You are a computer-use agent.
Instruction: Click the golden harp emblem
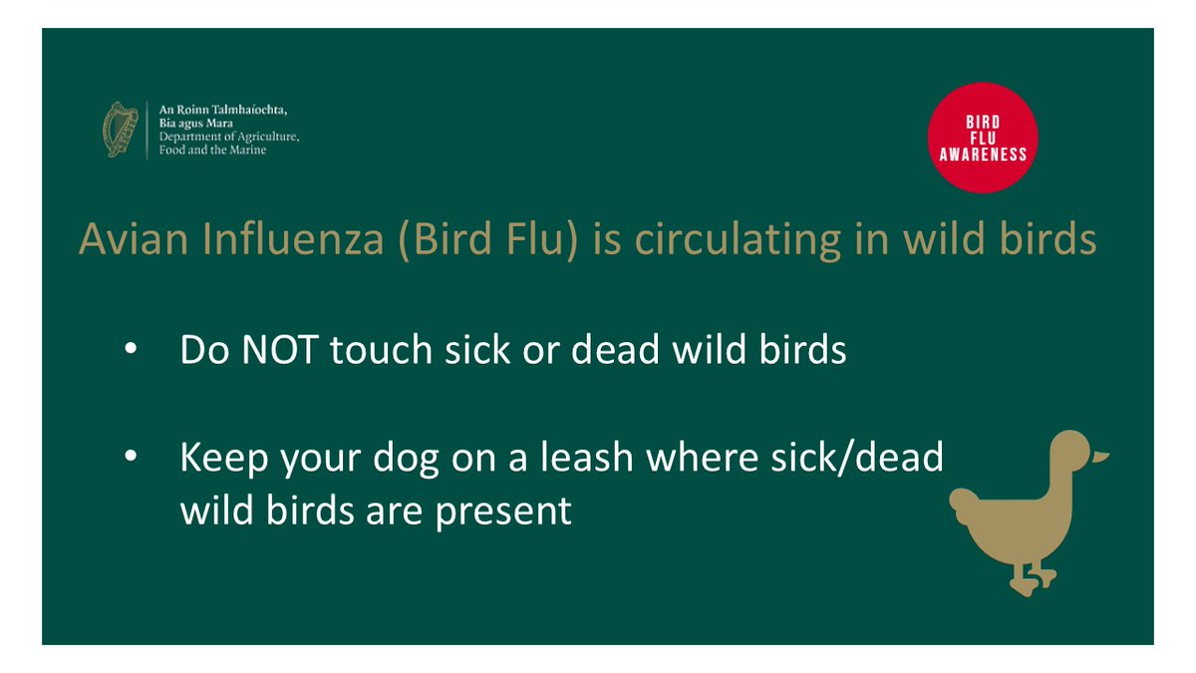[x=121, y=128]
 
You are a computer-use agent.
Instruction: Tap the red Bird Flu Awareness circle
[x=982, y=137]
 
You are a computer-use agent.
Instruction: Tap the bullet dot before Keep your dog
[x=132, y=459]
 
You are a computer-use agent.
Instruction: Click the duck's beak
[x=1099, y=457]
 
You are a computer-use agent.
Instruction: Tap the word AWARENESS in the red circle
[x=982, y=156]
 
